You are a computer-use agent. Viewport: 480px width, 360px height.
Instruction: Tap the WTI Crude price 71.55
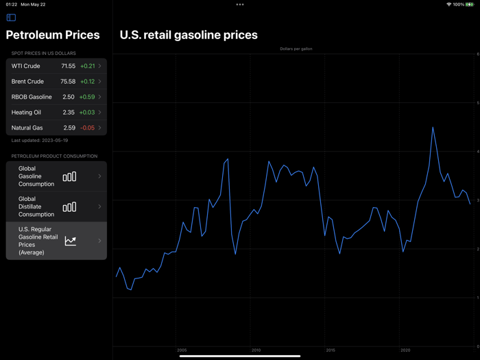coord(68,67)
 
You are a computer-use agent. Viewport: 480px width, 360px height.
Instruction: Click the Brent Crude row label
coord(27,82)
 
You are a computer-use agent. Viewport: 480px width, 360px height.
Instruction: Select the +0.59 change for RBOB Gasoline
coord(87,97)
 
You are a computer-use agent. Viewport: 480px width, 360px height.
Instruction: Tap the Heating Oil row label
coord(26,112)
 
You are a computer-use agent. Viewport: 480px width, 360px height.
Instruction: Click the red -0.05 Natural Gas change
coord(87,128)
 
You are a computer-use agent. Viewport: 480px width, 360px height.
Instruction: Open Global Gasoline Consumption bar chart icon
coord(69,177)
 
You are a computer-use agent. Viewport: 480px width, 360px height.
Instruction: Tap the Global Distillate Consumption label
coord(36,206)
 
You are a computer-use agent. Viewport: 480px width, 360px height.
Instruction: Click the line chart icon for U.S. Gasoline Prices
coord(70,241)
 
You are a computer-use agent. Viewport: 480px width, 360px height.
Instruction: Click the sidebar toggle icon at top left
coord(11,18)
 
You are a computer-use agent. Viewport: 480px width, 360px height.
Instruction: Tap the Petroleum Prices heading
coord(53,35)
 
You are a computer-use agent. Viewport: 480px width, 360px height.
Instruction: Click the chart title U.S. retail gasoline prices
coord(189,35)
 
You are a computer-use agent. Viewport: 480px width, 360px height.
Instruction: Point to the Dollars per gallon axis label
coord(296,49)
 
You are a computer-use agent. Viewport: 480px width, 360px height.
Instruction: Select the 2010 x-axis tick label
coord(256,350)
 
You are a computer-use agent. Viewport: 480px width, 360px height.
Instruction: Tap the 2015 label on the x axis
coord(331,350)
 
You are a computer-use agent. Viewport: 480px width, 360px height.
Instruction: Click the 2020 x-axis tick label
coord(405,350)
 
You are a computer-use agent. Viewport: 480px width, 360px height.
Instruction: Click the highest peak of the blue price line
coord(433,128)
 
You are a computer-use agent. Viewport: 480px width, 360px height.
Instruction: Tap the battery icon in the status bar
coord(469,5)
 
